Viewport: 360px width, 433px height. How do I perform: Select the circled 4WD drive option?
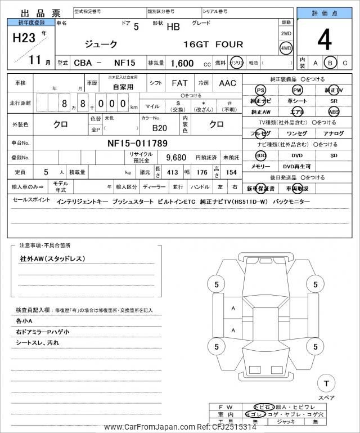tap(286, 48)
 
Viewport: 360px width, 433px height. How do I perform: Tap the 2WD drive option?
tap(286, 34)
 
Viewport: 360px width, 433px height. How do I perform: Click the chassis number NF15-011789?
tap(137, 143)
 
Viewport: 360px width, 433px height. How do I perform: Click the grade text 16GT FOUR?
tap(213, 44)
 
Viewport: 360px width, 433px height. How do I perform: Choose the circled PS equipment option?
tap(260, 90)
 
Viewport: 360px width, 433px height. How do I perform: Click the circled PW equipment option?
tap(297, 90)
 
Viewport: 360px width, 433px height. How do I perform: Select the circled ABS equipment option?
tap(334, 111)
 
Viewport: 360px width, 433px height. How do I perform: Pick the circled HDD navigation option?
tap(260, 155)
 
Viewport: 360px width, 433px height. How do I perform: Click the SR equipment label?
tap(334, 101)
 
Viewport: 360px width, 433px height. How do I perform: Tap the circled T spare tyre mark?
tap(325, 383)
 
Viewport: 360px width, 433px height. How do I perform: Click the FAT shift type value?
tap(179, 83)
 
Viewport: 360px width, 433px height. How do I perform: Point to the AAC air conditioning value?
tap(227, 83)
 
